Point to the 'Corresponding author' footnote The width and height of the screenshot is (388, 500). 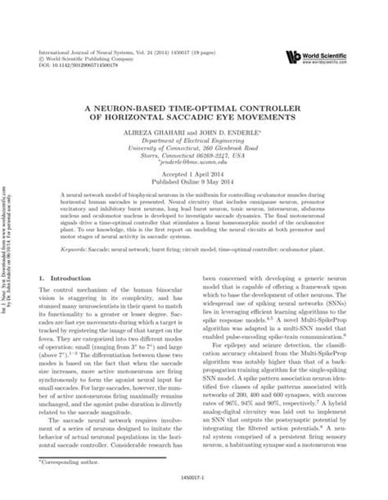70,463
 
